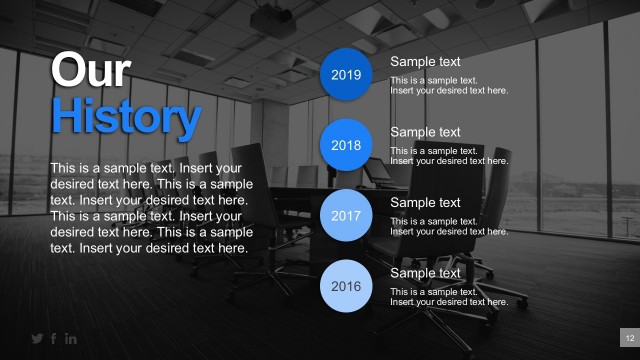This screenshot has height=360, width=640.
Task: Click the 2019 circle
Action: (346, 75)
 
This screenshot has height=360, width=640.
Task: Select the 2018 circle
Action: (346, 145)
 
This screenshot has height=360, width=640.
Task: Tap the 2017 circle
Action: (346, 216)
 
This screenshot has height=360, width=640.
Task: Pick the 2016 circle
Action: (346, 287)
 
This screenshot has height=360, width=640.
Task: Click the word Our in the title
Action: (90, 71)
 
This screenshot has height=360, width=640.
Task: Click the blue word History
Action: (125, 117)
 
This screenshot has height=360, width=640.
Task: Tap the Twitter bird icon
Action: (38, 339)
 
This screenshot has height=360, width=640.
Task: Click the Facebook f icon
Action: (54, 339)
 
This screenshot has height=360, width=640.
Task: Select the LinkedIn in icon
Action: (71, 339)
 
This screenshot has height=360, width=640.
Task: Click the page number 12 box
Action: (630, 337)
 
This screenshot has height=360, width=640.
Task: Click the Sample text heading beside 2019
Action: (425, 62)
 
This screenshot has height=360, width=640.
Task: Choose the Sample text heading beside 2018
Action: (425, 132)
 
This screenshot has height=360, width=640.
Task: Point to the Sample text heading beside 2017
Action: (425, 203)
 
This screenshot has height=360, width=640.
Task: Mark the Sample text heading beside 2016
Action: (425, 273)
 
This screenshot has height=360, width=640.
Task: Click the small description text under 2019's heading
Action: (448, 85)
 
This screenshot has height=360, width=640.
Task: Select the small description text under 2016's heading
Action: (448, 297)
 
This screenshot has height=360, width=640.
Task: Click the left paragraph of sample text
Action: (150, 207)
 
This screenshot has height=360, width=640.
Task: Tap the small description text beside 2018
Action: (448, 156)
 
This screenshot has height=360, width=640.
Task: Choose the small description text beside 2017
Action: (448, 226)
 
